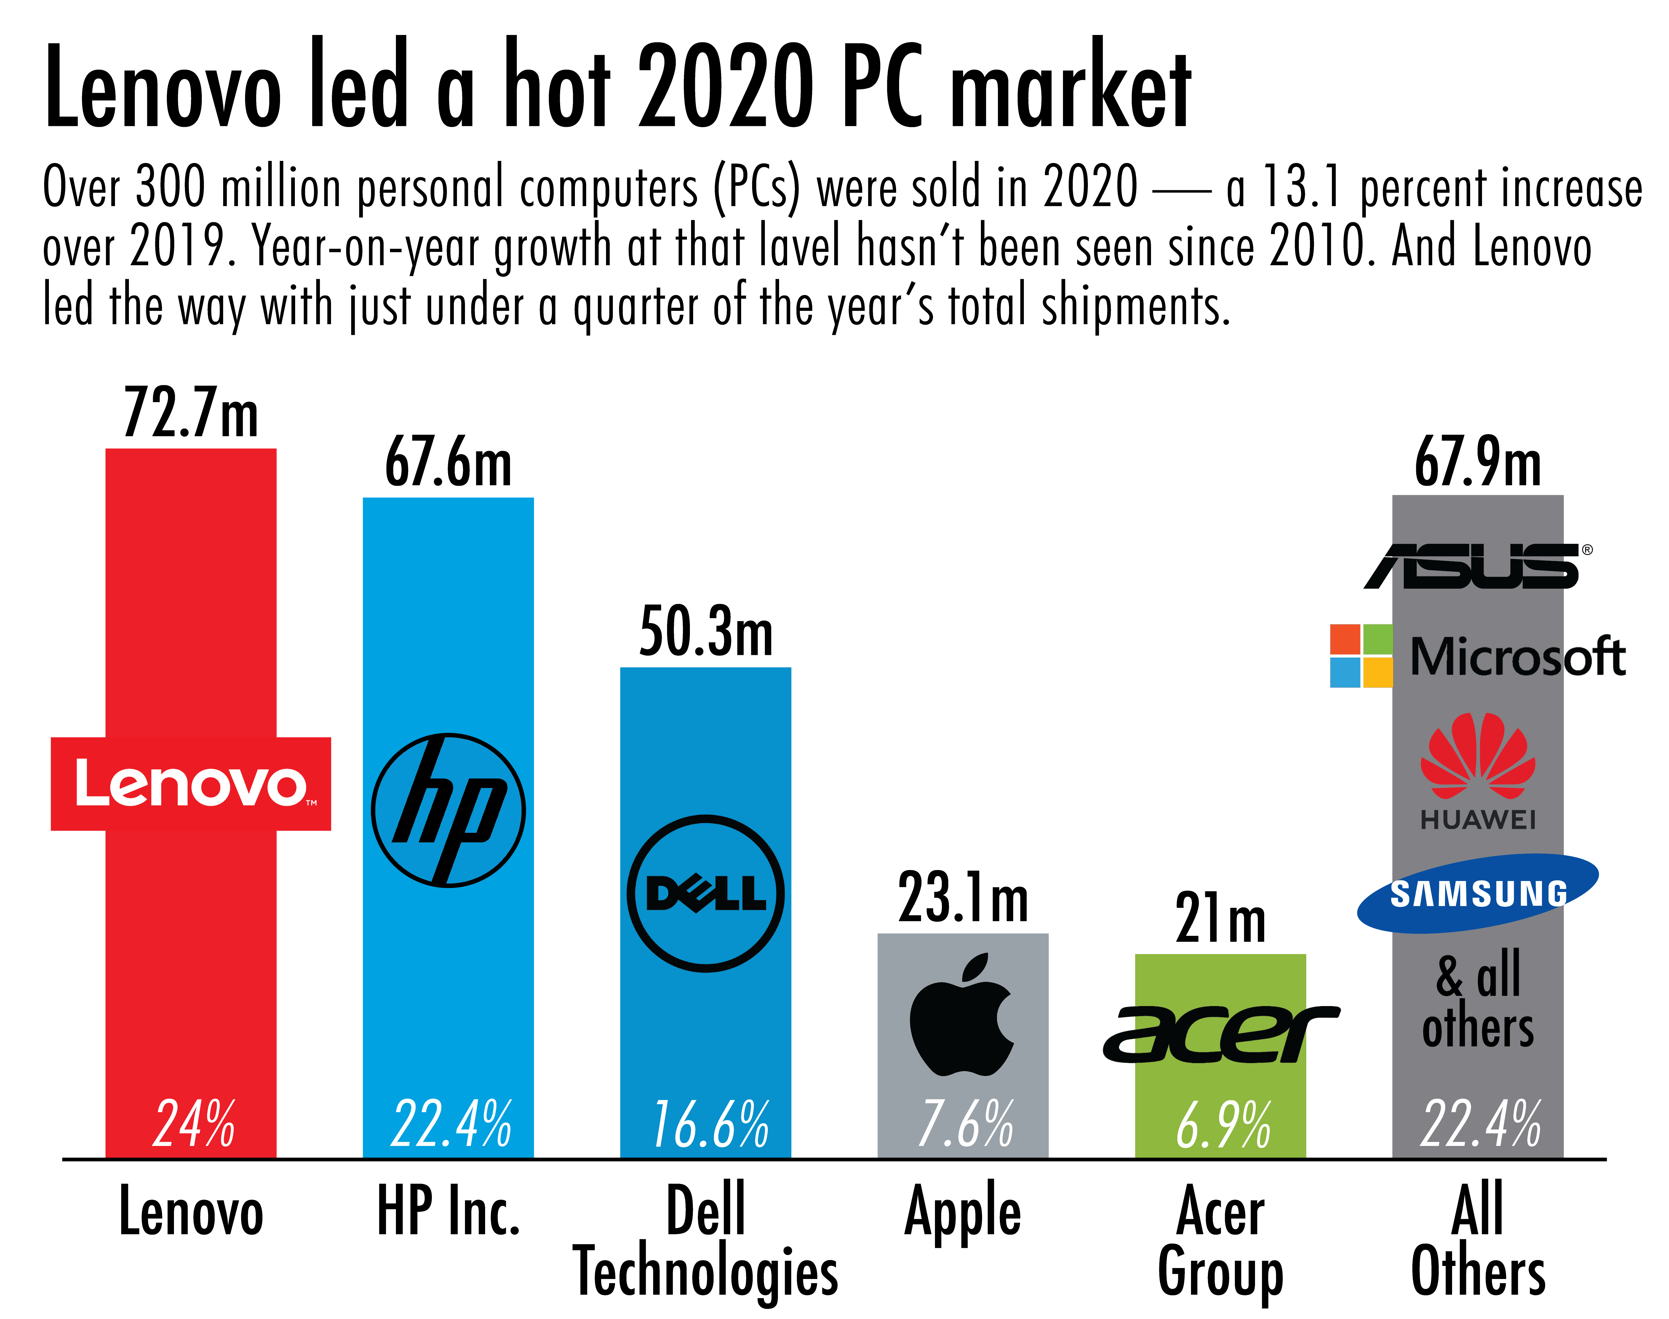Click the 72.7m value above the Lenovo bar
(191, 414)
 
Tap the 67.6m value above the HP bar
(448, 463)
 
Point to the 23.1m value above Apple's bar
(963, 898)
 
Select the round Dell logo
(706, 893)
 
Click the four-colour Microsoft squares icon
(1361, 655)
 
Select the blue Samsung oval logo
(1478, 893)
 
